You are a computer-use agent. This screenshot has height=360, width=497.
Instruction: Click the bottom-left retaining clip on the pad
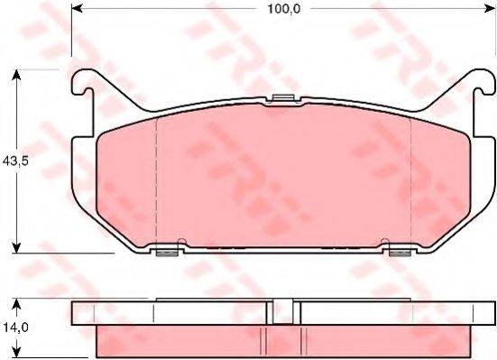(x=166, y=251)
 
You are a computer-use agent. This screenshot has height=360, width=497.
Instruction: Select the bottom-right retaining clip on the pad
(x=399, y=251)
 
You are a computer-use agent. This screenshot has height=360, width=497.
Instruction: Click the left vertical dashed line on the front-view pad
(x=157, y=180)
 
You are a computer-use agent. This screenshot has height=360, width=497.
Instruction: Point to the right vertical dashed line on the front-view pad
(x=411, y=180)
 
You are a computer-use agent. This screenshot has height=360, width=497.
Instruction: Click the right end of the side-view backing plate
(x=490, y=312)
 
